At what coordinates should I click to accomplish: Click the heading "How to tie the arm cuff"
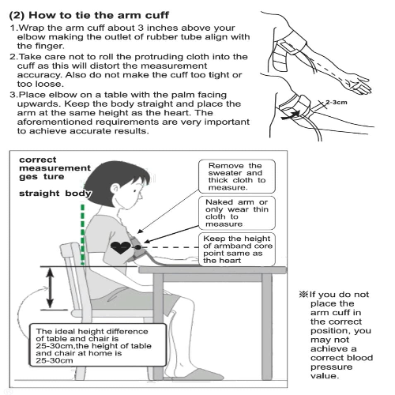99,15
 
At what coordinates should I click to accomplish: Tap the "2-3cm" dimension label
337,102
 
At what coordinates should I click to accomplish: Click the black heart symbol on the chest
121,247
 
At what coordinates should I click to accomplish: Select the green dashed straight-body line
83,234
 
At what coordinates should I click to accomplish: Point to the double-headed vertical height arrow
50,288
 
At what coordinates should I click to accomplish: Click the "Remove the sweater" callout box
237,176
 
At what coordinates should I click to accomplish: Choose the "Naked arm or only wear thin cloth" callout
237,213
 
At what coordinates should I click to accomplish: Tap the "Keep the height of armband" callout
237,250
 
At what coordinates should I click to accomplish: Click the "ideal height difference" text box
98,345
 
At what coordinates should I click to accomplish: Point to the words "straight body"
55,194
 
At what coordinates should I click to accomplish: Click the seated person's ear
115,189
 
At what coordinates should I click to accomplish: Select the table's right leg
267,326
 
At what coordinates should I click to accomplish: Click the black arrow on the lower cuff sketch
291,115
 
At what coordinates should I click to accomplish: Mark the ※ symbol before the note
303,294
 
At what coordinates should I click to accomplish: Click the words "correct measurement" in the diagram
55,164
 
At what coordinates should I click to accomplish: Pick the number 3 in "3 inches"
141,28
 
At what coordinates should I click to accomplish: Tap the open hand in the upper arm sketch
359,85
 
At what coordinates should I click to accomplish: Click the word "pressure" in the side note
331,367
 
